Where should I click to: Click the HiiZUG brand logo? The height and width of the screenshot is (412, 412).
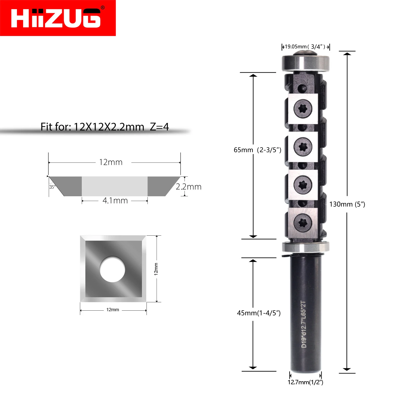click(x=58, y=18)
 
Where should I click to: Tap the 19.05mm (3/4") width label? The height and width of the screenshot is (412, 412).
click(x=305, y=47)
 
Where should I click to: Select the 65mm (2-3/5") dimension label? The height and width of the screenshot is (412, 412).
click(x=257, y=150)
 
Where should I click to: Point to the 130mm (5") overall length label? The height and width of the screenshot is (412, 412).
click(x=347, y=204)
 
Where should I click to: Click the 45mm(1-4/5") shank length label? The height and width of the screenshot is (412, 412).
click(x=259, y=313)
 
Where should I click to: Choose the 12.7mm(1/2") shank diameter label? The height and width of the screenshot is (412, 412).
click(x=305, y=382)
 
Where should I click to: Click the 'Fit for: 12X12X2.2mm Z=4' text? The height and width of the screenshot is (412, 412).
click(x=105, y=127)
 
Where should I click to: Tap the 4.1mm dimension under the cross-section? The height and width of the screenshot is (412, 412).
click(x=115, y=201)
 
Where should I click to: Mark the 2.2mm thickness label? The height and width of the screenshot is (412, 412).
click(x=189, y=187)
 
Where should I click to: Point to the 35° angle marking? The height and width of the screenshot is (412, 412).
click(x=52, y=187)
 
